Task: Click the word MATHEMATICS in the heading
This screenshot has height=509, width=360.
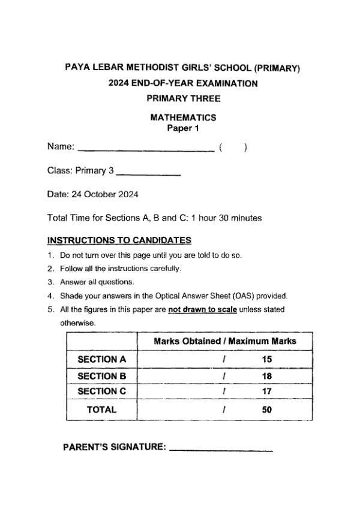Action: click(x=183, y=118)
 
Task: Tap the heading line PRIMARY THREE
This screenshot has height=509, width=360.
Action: click(x=183, y=98)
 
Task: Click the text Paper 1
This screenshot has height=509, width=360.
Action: click(x=182, y=128)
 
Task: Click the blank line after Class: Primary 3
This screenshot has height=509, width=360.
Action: click(x=148, y=174)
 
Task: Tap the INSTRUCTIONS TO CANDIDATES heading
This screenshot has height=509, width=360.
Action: click(x=119, y=240)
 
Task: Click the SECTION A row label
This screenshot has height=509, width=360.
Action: click(x=102, y=360)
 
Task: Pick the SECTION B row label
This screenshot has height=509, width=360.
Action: click(x=102, y=376)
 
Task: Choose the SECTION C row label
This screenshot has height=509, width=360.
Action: click(x=102, y=391)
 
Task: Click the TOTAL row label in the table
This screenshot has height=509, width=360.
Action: click(x=102, y=411)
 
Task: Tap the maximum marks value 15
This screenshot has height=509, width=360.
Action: click(x=267, y=360)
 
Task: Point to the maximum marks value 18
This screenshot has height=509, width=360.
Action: click(x=267, y=376)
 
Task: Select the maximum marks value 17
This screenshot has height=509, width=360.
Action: click(x=267, y=391)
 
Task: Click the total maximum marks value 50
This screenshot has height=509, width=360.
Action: click(x=267, y=411)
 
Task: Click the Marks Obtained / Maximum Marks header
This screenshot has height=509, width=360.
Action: click(x=225, y=341)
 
